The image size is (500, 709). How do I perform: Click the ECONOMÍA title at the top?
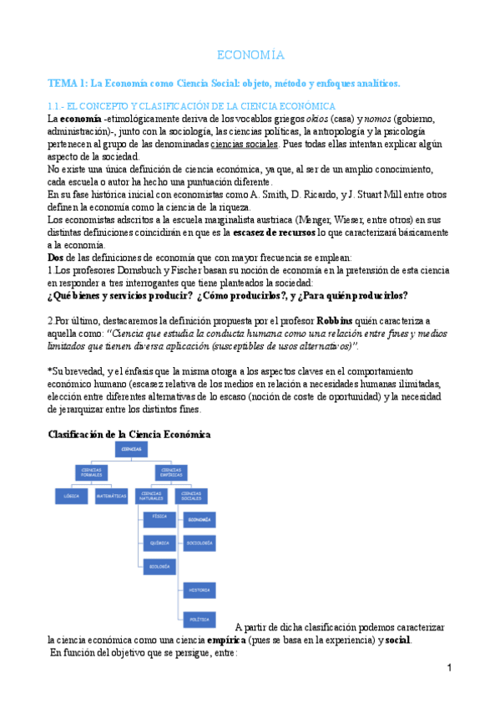(250, 55)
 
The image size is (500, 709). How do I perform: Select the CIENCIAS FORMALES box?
(93, 472)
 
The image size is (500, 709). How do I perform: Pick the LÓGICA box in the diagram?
(71, 496)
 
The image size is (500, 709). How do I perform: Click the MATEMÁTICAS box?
(112, 496)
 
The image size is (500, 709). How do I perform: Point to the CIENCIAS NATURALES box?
(153, 496)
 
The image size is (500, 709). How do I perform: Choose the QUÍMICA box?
(159, 543)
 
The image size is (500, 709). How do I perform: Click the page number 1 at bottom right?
(449, 669)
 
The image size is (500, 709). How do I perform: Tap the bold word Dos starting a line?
(57, 258)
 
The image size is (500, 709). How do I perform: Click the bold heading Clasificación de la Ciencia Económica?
(129, 434)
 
